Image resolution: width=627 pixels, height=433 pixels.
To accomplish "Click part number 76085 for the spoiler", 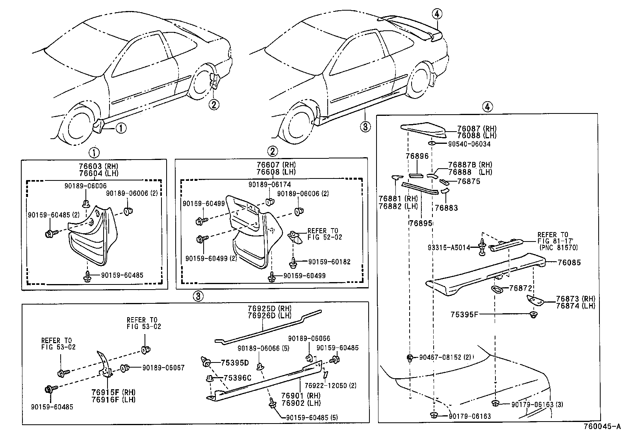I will click(569, 263).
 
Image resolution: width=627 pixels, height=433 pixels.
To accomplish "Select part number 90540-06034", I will click(469, 144).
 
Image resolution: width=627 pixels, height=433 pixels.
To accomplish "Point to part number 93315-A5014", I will click(449, 248).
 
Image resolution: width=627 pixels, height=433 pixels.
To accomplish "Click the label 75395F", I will click(464, 314).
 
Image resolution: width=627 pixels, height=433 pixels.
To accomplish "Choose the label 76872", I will click(521, 289).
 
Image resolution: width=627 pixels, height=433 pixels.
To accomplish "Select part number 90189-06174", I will click(269, 184).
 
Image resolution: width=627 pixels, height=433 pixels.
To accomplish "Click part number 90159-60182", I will click(329, 262).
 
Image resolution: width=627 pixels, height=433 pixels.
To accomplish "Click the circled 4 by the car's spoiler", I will click(437, 15).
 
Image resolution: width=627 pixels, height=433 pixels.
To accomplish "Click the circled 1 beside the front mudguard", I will click(121, 128).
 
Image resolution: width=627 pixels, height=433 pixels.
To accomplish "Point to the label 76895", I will click(421, 223).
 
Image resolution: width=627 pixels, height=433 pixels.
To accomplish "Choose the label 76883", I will click(447, 208).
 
